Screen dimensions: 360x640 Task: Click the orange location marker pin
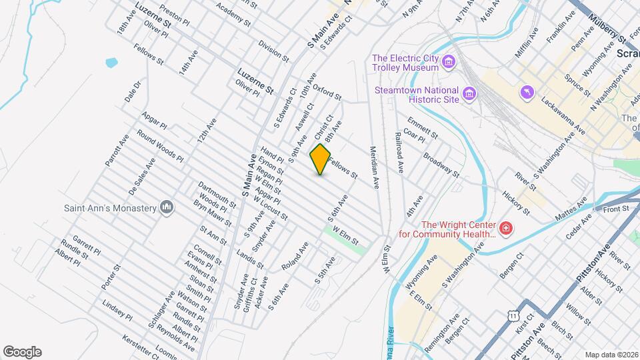click(320, 159)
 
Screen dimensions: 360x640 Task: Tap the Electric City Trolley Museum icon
click(449, 63)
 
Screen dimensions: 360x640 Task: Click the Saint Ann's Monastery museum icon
click(166, 208)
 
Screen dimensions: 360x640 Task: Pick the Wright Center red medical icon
click(506, 230)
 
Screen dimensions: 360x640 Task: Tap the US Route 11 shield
click(512, 314)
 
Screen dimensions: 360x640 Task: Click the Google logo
click(22, 352)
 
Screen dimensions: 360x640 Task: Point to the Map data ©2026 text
click(611, 355)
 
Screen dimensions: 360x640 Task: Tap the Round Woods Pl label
click(160, 146)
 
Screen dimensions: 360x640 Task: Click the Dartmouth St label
click(217, 193)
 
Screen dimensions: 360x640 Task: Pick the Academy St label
click(234, 13)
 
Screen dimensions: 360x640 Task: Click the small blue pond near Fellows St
click(111, 63)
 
